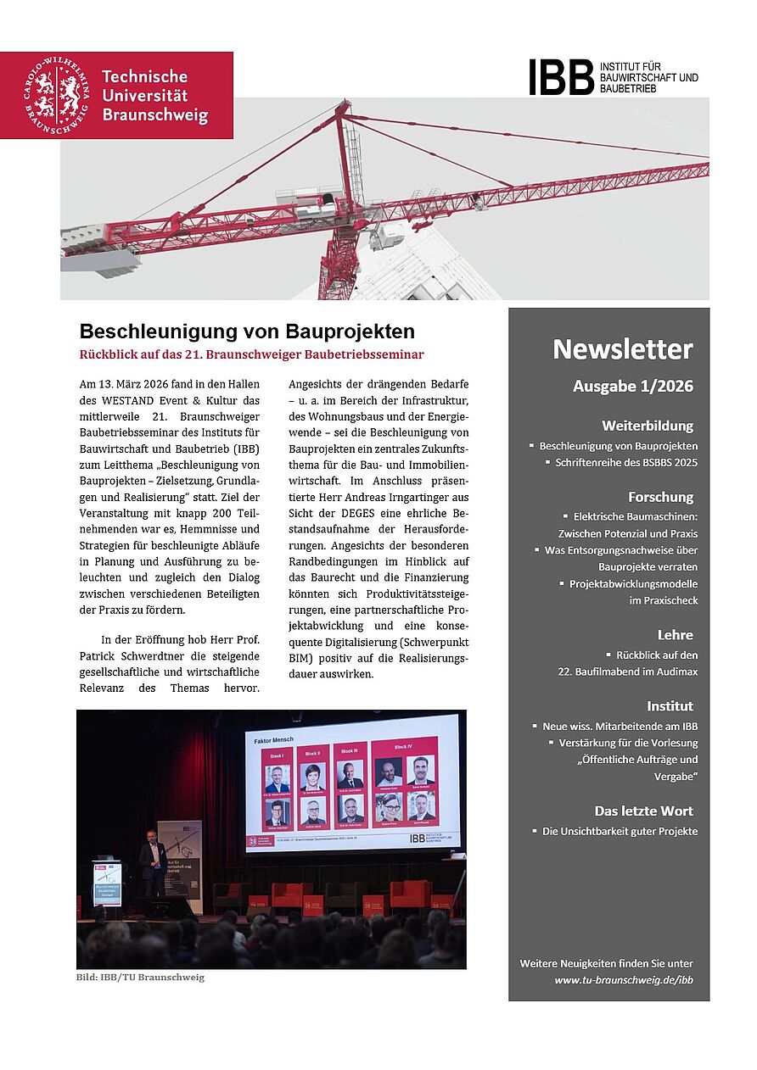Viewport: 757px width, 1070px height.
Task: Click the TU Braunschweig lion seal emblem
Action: click(x=57, y=94)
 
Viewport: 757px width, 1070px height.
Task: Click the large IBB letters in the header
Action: click(x=561, y=77)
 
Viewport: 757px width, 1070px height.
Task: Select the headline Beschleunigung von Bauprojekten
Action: click(x=247, y=331)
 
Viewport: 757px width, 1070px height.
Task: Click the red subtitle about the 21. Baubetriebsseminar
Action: click(x=251, y=354)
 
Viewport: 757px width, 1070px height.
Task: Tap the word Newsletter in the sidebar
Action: click(x=622, y=349)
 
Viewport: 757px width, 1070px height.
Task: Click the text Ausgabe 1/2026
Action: click(x=632, y=387)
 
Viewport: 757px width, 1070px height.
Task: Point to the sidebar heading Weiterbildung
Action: click(x=647, y=426)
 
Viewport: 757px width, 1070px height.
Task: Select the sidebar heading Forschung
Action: click(x=660, y=497)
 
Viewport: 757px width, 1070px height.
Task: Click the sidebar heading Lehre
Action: click(x=675, y=634)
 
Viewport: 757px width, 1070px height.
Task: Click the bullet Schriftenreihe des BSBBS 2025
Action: click(x=625, y=463)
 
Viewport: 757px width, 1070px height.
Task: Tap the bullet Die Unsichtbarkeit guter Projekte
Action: click(x=620, y=831)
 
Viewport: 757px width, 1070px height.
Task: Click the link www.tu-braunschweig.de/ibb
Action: click(x=624, y=979)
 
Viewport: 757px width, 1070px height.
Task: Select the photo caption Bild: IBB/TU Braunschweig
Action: click(x=140, y=977)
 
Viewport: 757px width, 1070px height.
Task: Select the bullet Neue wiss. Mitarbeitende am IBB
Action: click(x=620, y=727)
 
